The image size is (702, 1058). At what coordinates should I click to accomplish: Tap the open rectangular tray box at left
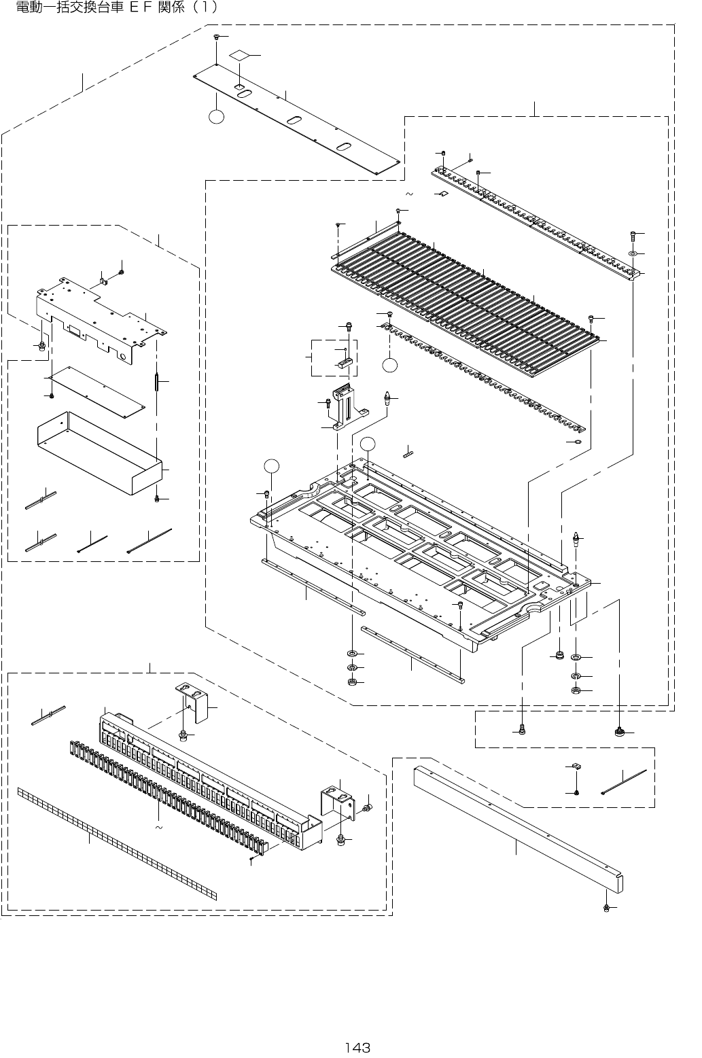[99, 451]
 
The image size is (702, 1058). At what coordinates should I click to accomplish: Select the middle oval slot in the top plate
[295, 120]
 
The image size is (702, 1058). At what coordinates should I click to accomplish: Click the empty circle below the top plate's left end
[216, 118]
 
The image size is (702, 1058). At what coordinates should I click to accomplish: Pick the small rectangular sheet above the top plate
[239, 54]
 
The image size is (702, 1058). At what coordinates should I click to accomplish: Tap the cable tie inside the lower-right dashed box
[622, 783]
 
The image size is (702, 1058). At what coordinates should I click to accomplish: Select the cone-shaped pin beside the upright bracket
[387, 397]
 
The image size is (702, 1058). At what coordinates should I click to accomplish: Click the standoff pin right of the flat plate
[156, 383]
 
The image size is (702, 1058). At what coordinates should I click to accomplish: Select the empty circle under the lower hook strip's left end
[389, 365]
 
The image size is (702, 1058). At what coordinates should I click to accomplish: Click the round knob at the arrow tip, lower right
[619, 732]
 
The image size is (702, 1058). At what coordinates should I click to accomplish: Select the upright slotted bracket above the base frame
[347, 408]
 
